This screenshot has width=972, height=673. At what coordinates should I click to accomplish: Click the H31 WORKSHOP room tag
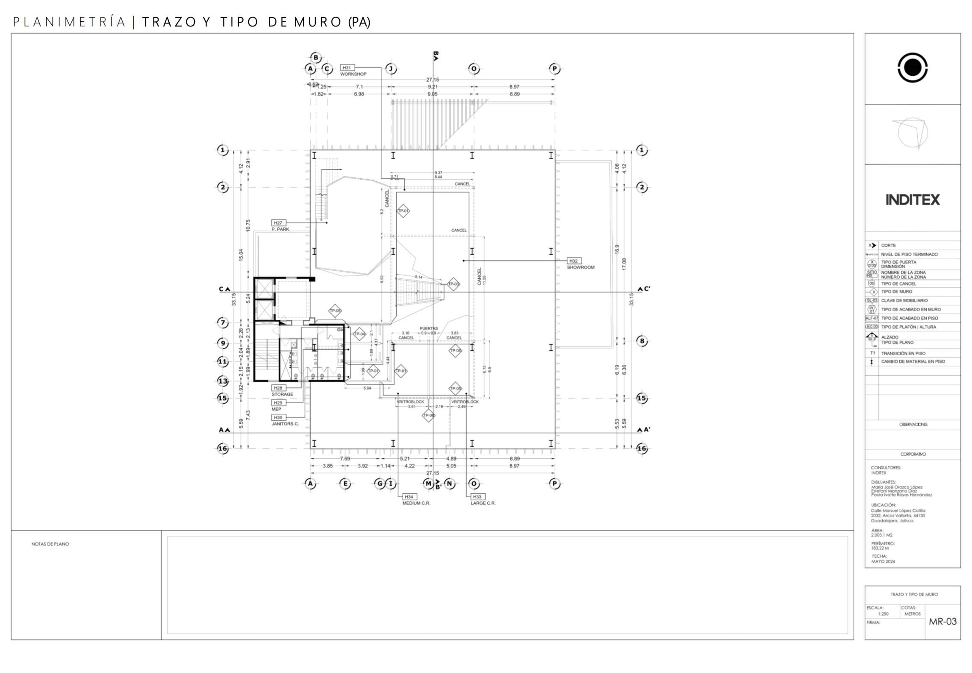point(347,68)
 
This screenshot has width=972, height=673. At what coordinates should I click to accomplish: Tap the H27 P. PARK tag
point(278,223)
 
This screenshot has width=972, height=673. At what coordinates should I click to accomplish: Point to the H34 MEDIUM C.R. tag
point(409,497)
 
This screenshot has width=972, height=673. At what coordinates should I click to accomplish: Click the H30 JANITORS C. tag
point(278,417)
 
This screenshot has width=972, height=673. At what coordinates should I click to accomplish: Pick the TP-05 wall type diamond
point(335,311)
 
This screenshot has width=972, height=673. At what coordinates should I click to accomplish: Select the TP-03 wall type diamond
point(453,284)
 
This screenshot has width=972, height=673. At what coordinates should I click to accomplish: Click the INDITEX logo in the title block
point(912,200)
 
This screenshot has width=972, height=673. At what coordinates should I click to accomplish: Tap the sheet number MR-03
point(943,622)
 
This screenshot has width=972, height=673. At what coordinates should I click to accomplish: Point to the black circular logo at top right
point(912,68)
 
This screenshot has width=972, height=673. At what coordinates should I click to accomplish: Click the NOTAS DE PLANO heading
point(50,544)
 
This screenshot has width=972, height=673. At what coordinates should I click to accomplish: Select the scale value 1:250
point(883,614)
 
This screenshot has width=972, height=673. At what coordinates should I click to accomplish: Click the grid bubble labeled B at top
point(315,57)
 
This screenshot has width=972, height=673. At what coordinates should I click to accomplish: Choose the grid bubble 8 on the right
point(642,341)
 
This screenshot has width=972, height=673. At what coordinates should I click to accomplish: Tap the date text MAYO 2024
point(883,561)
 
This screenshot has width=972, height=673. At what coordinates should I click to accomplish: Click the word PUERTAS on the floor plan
point(428,328)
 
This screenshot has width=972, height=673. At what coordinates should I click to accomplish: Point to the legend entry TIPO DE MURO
point(896,292)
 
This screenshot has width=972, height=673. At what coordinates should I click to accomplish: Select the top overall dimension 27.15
point(432,80)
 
